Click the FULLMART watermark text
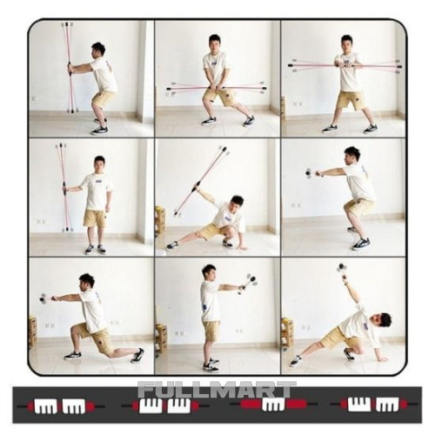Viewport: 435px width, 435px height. click(x=217, y=390)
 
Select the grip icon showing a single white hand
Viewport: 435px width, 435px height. click(x=273, y=404)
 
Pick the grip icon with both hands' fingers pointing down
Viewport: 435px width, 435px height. click(x=61, y=405)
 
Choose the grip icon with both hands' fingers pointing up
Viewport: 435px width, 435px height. click(x=165, y=405)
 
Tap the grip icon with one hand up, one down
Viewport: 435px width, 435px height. click(x=373, y=404)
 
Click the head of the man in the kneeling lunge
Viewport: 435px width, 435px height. click(x=87, y=282)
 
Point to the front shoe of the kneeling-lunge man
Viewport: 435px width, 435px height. click(x=73, y=356)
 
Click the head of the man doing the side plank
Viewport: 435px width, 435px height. click(x=382, y=321)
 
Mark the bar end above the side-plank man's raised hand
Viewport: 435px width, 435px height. click(x=342, y=268)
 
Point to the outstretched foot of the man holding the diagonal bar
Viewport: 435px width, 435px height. click(x=171, y=246)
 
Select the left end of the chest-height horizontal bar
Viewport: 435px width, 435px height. click(x=291, y=65)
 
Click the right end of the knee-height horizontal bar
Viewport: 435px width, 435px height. click(x=263, y=88)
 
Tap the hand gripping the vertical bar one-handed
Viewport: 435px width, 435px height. click(x=64, y=190)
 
